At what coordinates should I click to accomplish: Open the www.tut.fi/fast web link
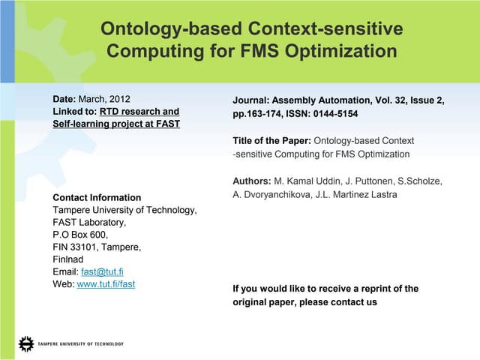click(106, 284)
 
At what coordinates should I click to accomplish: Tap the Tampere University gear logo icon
click(26, 344)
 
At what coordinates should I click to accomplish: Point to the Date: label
click(64, 98)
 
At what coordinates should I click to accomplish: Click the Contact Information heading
click(97, 198)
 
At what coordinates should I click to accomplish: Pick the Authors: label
click(252, 181)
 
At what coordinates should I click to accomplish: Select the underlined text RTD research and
click(140, 111)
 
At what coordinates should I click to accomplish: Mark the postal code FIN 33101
click(78, 247)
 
